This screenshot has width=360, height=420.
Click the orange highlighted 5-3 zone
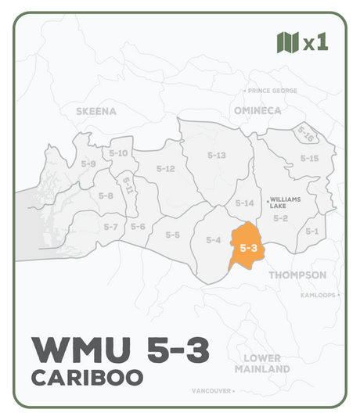[248, 247]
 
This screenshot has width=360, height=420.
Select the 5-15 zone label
[310, 159]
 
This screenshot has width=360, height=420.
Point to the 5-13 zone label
[217, 156]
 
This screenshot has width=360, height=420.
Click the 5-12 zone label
[165, 168]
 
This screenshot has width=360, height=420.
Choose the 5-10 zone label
[118, 153]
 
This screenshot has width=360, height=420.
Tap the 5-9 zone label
[88, 164]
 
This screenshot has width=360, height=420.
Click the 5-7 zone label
[110, 227]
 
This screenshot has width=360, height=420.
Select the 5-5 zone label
[173, 235]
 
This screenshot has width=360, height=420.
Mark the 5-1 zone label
[312, 231]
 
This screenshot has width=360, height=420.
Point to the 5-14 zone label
[245, 203]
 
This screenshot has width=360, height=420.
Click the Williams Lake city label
[284, 203]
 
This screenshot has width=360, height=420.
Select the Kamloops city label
[319, 296]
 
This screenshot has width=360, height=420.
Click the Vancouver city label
[213, 389]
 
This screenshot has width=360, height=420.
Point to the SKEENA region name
[96, 111]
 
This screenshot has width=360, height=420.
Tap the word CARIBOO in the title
[88, 377]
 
